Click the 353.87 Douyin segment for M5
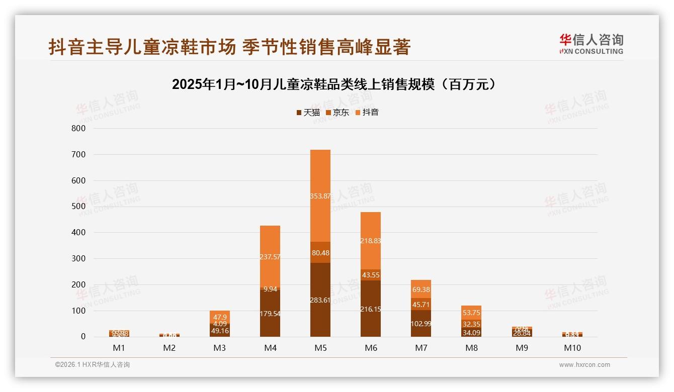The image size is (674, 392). [320, 195]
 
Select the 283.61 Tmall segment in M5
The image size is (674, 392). [320, 300]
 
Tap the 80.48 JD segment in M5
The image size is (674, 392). [320, 253]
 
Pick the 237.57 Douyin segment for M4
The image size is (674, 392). [270, 257]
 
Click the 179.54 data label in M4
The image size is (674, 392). [270, 314]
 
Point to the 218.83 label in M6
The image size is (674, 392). [371, 241]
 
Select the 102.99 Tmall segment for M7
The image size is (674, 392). [421, 324]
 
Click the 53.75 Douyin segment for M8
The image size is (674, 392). [471, 313]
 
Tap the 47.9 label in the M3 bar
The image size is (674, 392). [220, 317]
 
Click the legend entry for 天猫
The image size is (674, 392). [308, 112]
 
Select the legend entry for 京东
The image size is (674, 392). [338, 112]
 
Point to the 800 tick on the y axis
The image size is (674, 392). [78, 128]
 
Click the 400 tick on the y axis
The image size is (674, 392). [78, 233]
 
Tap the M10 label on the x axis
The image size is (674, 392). [572, 348]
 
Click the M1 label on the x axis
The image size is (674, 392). [119, 348]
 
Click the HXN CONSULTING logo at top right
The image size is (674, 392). [591, 44]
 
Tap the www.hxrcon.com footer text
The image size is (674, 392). [584, 365]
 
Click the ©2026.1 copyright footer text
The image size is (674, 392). [92, 365]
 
